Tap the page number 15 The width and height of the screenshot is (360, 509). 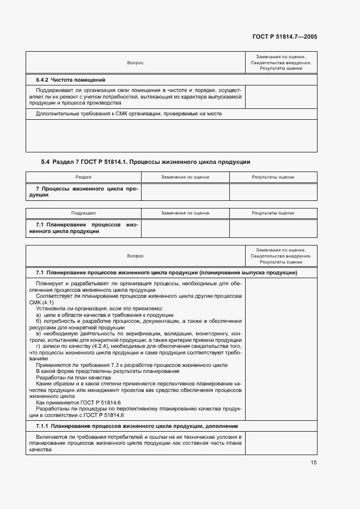point(313,462)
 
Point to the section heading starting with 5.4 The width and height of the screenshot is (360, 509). point(145,162)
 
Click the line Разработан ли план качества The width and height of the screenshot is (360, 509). point(73,377)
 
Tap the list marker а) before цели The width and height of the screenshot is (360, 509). point(39,315)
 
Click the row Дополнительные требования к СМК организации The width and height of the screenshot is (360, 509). point(129,114)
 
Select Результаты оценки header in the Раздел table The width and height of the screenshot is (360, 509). point(273,177)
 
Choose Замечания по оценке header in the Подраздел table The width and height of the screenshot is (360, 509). point(185,213)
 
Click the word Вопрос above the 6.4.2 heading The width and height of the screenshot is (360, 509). point(135,63)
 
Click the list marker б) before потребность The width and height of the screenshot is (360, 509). point(39,321)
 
